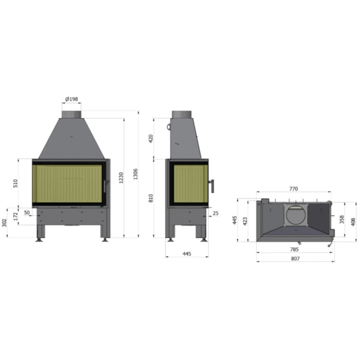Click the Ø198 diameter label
pos(71,99)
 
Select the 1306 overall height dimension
pos(135,174)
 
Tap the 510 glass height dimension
pos(16,183)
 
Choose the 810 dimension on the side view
pos(151,198)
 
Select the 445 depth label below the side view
pos(186,254)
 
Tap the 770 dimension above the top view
pos(293,189)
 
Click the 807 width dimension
pos(295,258)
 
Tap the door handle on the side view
pos(211,185)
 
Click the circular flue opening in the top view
pos(295,214)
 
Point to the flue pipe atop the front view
pos(71,113)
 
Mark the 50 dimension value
pos(27,212)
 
